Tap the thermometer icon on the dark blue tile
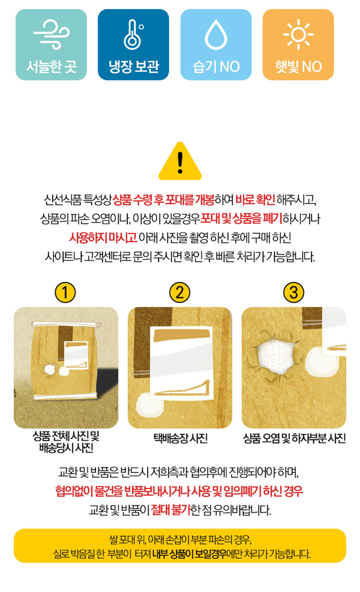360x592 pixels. point(133,35)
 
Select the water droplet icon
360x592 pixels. point(216,35)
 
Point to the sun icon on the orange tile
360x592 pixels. point(298,34)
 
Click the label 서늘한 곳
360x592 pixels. point(51,67)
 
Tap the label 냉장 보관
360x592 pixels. point(134,66)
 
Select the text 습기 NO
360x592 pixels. point(216,67)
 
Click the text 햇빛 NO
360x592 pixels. point(298,67)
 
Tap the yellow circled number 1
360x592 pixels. point(65,292)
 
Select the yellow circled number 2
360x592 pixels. point(180,292)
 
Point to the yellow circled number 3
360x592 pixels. point(293,292)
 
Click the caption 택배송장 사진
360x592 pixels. point(180,438)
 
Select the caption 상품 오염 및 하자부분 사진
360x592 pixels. point(294,438)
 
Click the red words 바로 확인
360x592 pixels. point(255,200)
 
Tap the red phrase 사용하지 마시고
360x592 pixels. point(103,238)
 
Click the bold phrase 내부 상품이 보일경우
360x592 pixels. point(189,554)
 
